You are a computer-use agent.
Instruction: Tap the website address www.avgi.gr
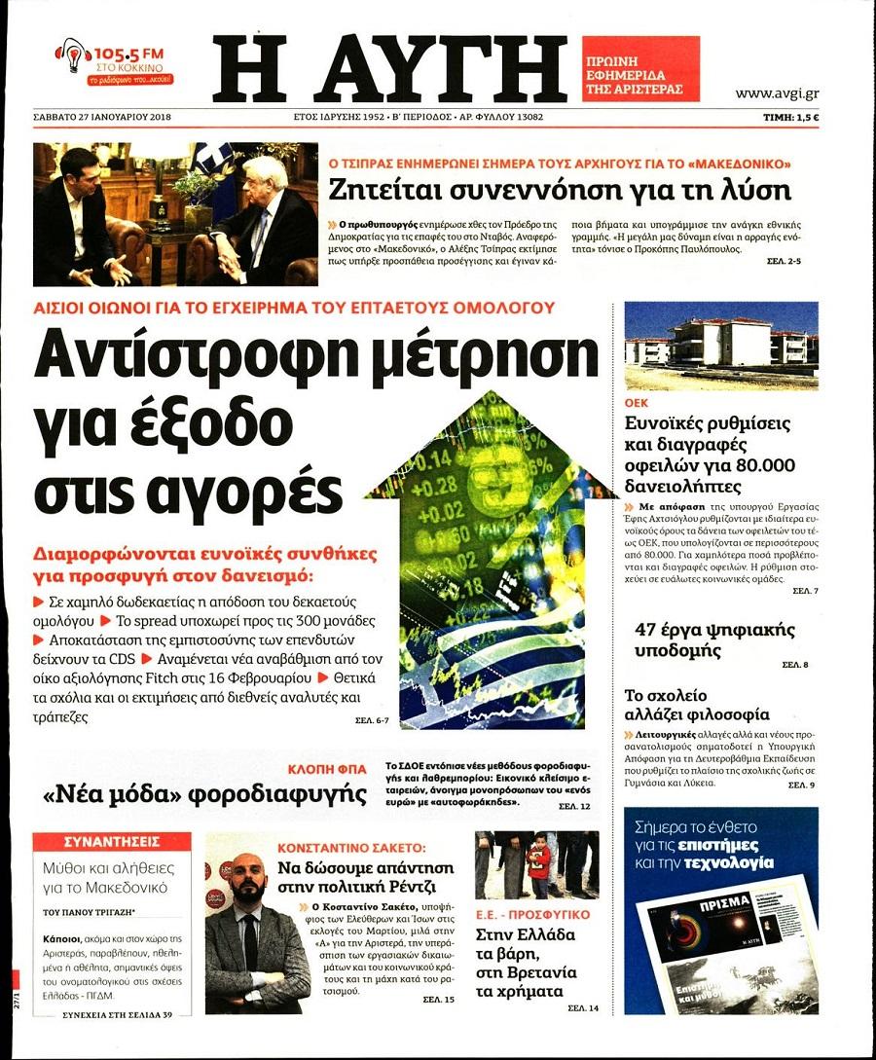(776, 93)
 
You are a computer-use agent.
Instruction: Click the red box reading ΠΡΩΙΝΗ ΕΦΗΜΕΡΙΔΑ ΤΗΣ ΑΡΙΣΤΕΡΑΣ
(640, 69)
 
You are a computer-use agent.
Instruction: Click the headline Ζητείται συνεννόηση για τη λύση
(559, 189)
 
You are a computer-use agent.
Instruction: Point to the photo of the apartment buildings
(720, 346)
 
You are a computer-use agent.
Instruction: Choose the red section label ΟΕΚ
(637, 402)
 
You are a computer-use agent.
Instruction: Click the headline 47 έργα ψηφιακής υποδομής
(715, 640)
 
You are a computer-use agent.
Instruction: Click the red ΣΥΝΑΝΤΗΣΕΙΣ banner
(111, 841)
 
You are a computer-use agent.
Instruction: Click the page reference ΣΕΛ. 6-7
(372, 720)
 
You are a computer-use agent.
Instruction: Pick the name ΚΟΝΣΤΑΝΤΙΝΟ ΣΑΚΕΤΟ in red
(351, 848)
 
